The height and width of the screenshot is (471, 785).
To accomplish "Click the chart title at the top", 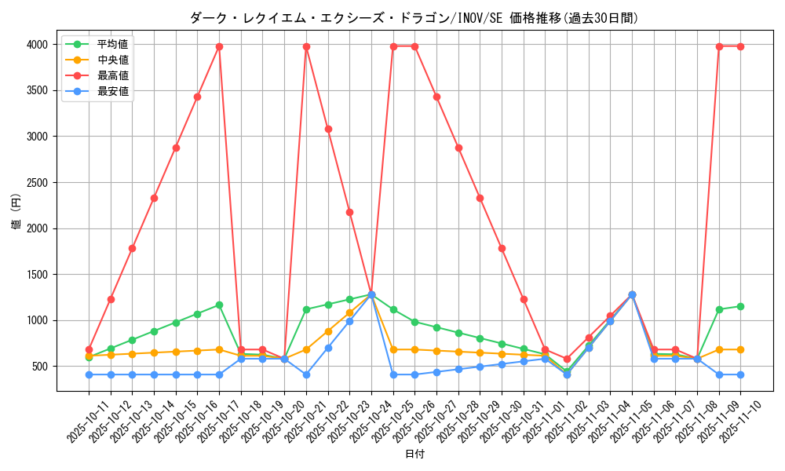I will (x=414, y=18).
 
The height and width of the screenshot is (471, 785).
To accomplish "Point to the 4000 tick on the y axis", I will (x=37, y=45).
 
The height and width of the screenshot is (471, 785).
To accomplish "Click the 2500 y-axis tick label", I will (x=37, y=183).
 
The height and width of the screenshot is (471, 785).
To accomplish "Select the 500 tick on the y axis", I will (x=40, y=367).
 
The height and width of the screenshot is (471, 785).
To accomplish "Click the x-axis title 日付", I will (x=414, y=455).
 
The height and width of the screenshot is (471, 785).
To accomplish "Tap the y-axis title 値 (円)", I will (x=16, y=212).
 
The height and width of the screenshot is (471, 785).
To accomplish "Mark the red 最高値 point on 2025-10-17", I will (x=219, y=46).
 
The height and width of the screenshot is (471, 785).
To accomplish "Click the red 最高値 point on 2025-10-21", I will (x=306, y=46).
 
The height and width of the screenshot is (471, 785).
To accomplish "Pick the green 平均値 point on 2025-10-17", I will (x=219, y=305).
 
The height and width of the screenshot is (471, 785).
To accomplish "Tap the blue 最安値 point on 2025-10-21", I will (x=306, y=374).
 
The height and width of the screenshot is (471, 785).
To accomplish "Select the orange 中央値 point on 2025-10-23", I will (x=349, y=312).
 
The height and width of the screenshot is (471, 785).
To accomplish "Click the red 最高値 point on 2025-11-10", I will (x=740, y=46).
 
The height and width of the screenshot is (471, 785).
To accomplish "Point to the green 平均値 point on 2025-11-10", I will (x=740, y=306).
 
